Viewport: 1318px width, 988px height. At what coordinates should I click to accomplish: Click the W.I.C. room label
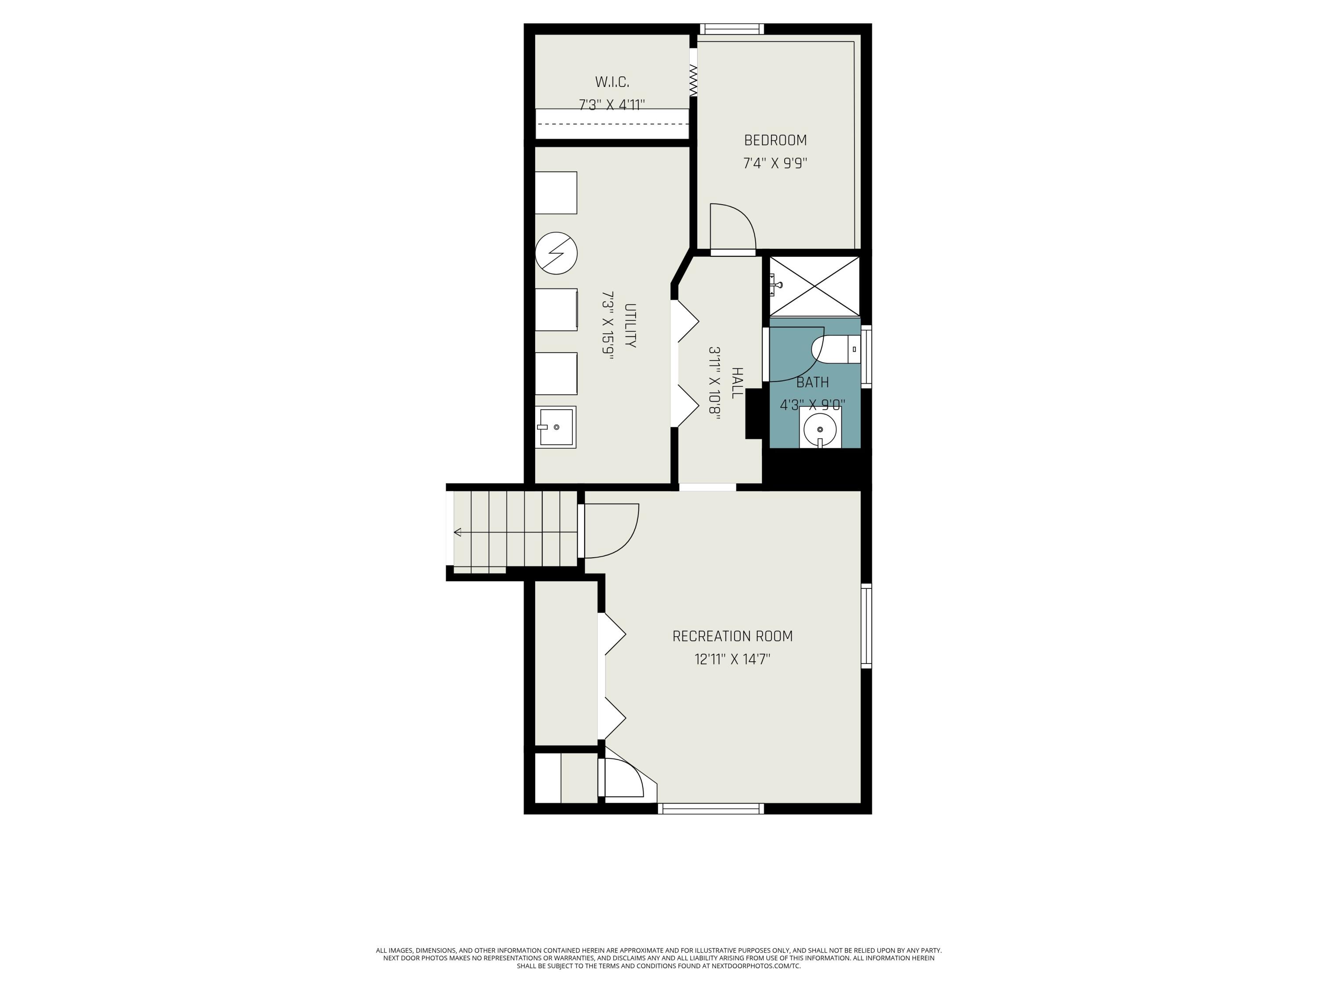(612, 82)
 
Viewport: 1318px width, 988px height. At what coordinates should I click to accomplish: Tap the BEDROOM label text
(775, 141)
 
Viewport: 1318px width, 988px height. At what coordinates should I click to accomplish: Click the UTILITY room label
(630, 326)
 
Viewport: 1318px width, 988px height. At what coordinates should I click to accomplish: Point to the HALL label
(737, 383)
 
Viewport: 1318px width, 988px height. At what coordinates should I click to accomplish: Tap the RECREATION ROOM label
(732, 636)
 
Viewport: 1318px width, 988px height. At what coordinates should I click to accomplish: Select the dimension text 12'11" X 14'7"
(732, 659)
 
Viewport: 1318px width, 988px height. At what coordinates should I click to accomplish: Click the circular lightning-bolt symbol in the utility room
(556, 253)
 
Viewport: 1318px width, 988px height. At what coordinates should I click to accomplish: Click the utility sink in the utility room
(555, 427)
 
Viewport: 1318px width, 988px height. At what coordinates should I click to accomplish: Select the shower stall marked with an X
(815, 286)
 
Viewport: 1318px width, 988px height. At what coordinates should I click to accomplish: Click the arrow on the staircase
(458, 532)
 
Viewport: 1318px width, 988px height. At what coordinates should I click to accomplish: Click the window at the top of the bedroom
(731, 29)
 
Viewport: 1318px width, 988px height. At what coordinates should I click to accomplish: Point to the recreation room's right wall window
(866, 625)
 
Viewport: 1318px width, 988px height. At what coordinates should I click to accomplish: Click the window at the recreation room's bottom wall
(711, 808)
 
